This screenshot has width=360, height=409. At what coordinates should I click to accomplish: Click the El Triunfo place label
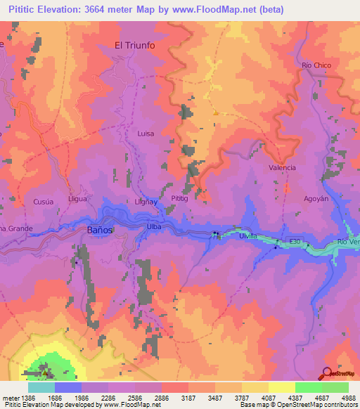pos(134,45)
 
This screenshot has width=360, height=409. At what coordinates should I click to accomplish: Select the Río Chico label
pos(316,65)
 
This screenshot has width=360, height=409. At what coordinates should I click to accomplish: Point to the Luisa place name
pos(146,133)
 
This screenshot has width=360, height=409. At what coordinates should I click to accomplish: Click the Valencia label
pos(282,168)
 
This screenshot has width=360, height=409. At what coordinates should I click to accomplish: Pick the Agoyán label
pos(316,199)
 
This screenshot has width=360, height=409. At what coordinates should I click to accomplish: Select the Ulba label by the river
pos(155,227)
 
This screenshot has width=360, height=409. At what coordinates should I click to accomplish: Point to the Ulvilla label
pos(249,236)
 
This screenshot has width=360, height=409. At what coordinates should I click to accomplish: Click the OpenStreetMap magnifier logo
pos(326,373)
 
